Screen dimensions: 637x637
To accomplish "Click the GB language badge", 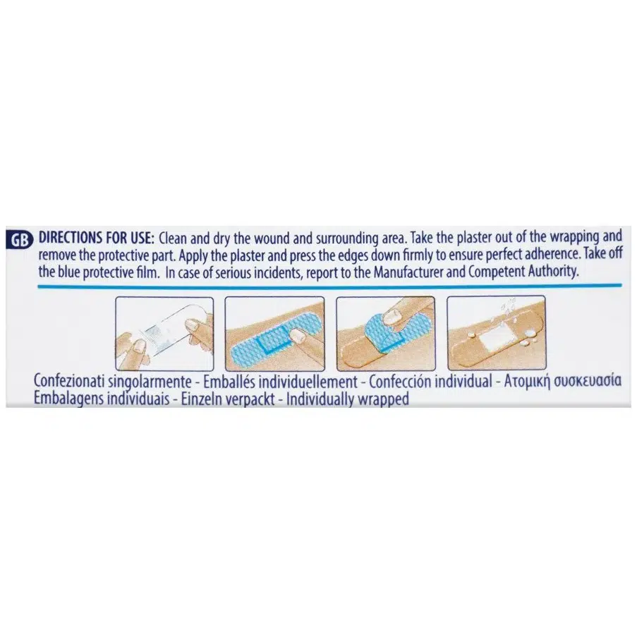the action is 20,241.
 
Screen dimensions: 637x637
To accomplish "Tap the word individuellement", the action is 310,382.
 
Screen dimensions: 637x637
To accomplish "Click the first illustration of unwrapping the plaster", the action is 164,334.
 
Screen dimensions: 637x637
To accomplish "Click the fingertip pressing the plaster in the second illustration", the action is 298,336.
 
